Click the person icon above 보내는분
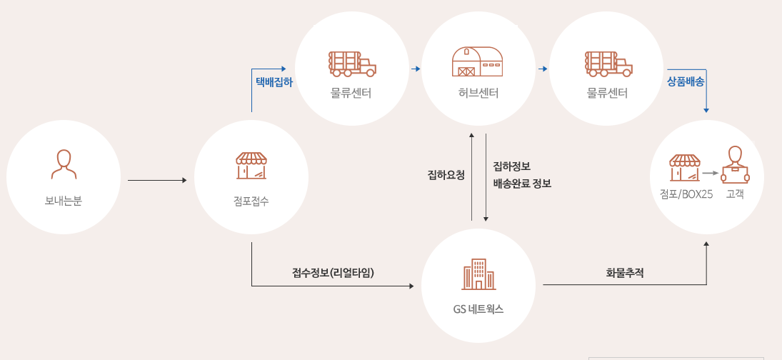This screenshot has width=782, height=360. tap(64, 164)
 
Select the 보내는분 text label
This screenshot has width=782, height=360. tap(64, 201)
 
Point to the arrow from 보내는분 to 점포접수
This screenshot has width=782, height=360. tap(156, 181)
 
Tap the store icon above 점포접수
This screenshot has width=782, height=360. tap(251, 165)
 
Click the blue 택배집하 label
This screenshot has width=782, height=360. tap(274, 81)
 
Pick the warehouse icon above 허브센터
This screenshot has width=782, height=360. tap(478, 62)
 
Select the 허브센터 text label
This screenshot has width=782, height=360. tap(478, 94)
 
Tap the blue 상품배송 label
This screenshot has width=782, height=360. tap(686, 81)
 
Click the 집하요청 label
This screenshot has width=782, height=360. tap(446, 174)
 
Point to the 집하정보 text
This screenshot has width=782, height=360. tap(511, 166)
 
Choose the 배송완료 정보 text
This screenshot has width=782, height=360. tap(522, 183)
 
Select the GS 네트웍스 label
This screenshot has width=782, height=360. tap(478, 309)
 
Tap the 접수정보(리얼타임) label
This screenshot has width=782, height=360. tap(333, 272)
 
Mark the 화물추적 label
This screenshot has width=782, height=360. tap(625, 272)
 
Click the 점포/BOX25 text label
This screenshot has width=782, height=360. tap(686, 193)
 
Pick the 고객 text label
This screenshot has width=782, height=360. tap(735, 193)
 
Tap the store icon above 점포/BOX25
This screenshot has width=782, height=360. tap(684, 168)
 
